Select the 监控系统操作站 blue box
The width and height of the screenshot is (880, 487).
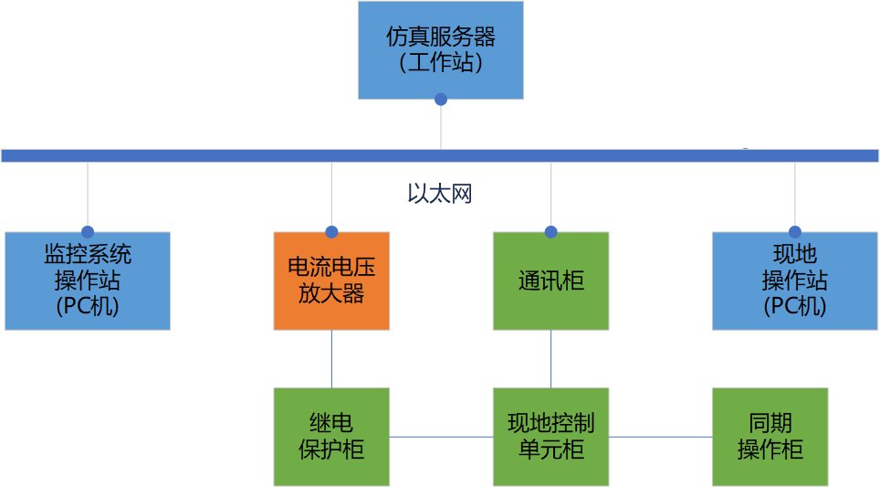[x=88, y=280]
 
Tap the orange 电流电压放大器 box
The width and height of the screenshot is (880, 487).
[x=331, y=281]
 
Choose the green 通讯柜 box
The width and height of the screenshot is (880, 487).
[x=550, y=281]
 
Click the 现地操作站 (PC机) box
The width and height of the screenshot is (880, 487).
[x=794, y=280]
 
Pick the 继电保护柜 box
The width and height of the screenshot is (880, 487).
[x=331, y=436]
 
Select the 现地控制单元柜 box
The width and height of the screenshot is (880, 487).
[x=550, y=436]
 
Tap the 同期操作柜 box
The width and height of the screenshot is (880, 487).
[x=770, y=436]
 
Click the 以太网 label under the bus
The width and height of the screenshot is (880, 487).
[x=440, y=194]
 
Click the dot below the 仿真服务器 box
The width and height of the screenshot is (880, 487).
[x=441, y=99]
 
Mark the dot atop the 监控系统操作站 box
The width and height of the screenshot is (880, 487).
[x=88, y=232]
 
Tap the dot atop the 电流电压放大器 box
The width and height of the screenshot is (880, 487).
[x=331, y=232]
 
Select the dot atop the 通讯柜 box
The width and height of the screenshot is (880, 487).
[x=550, y=232]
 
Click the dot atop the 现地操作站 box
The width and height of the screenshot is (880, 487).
[x=795, y=232]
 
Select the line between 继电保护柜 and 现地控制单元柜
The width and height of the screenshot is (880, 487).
[x=441, y=437]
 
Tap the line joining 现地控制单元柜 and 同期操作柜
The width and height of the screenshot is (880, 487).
[x=660, y=437]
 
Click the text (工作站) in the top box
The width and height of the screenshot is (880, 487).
[x=440, y=64]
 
